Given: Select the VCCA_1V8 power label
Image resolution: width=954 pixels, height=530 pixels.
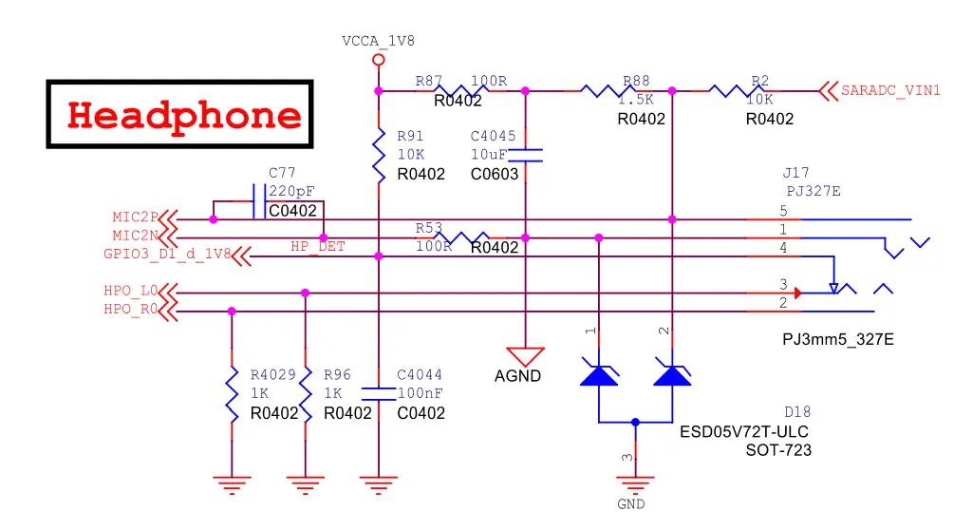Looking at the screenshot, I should [378, 41].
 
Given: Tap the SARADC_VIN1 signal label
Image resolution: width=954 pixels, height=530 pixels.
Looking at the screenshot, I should [890, 91].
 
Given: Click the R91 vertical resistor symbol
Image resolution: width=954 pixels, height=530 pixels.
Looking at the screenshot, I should [379, 157].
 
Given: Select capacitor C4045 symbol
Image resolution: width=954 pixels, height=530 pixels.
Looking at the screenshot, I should [526, 155].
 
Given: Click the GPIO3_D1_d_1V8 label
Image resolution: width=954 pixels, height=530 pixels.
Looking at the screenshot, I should [167, 255].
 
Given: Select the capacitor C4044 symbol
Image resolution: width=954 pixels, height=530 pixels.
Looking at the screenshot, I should [379, 392].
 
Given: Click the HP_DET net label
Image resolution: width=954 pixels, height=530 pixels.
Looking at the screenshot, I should [318, 246].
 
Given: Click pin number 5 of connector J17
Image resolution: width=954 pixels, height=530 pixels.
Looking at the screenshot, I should [783, 210].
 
